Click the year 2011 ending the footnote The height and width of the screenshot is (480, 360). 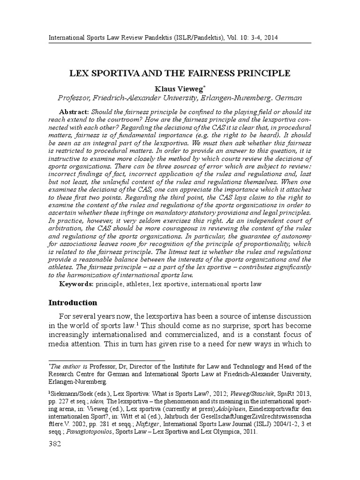pos(248,432)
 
